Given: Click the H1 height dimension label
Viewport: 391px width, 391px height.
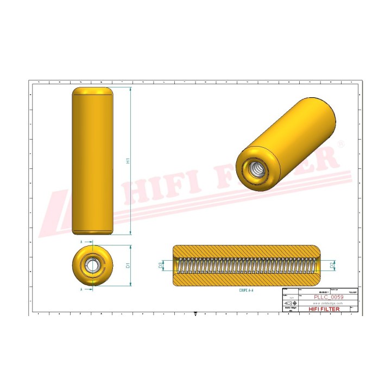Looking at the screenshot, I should [x=128, y=161].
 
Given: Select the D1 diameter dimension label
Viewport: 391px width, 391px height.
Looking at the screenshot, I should [x=128, y=266].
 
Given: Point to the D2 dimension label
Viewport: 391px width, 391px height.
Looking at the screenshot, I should [x=332, y=265].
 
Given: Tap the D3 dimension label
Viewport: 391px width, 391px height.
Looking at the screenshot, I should [x=160, y=265].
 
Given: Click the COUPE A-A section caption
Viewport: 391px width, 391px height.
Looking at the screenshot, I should [x=246, y=291].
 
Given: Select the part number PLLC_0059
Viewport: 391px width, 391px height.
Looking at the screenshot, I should [x=329, y=297].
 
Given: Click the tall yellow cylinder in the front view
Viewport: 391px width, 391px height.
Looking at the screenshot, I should [x=92, y=161].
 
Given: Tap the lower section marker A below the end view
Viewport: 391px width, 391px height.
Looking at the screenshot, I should [x=81, y=290].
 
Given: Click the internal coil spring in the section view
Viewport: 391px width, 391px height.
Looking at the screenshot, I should [x=246, y=266].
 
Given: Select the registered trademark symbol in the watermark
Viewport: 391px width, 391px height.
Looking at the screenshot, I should [x=341, y=143].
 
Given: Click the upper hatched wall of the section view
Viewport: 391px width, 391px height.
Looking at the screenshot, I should [x=246, y=251].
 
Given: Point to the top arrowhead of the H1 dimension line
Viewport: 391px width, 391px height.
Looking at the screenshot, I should [x=131, y=89].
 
